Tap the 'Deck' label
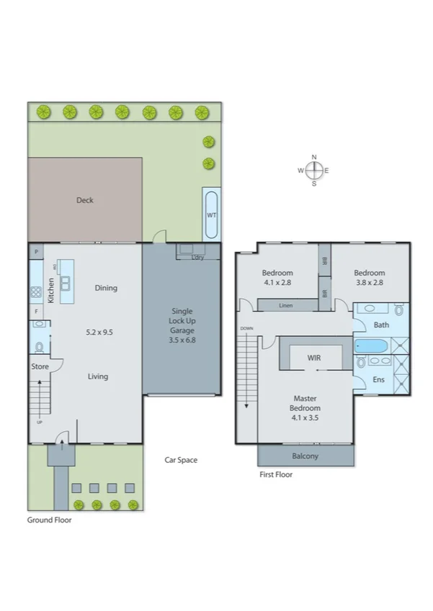point(85,200)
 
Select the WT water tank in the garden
point(211,214)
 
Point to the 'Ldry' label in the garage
point(198,257)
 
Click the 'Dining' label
point(106,288)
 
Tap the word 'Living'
point(98,376)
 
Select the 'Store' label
point(40,366)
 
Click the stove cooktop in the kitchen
point(35,292)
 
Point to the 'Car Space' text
point(181,460)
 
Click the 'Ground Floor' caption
point(49,519)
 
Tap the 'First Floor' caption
point(276,474)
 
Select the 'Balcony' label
point(305,456)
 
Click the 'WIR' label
point(313,356)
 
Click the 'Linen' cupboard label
point(285,306)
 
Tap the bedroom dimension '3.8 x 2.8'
point(369,283)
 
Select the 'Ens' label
point(378,379)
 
